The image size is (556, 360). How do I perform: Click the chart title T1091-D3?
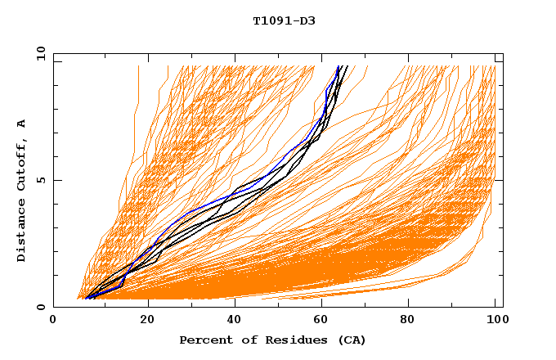[x=284, y=20]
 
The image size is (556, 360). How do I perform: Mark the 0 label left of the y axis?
[x=41, y=307]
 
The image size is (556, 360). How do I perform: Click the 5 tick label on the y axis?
[x=41, y=180]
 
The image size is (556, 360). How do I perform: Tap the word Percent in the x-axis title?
[x=204, y=340]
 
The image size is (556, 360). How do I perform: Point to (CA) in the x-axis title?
[x=349, y=340]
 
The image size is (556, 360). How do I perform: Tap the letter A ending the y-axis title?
[x=22, y=124]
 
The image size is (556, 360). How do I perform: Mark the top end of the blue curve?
[x=339, y=66]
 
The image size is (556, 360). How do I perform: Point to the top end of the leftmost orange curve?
[x=138, y=66]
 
